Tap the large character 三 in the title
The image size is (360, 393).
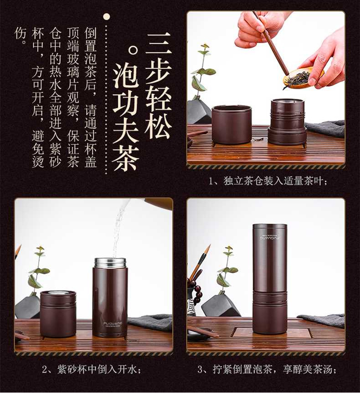(159, 43)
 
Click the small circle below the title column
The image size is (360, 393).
(133, 51)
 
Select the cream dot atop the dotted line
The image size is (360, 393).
(107, 17)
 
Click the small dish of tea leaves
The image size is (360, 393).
(302, 78)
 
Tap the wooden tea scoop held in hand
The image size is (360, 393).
(272, 43)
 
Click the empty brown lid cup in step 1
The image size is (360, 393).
(231, 125)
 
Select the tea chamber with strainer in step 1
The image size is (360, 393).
(287, 122)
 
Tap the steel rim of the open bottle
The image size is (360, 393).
(110, 263)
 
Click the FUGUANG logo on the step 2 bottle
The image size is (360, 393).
(113, 324)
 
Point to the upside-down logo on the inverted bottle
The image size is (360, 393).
(270, 237)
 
